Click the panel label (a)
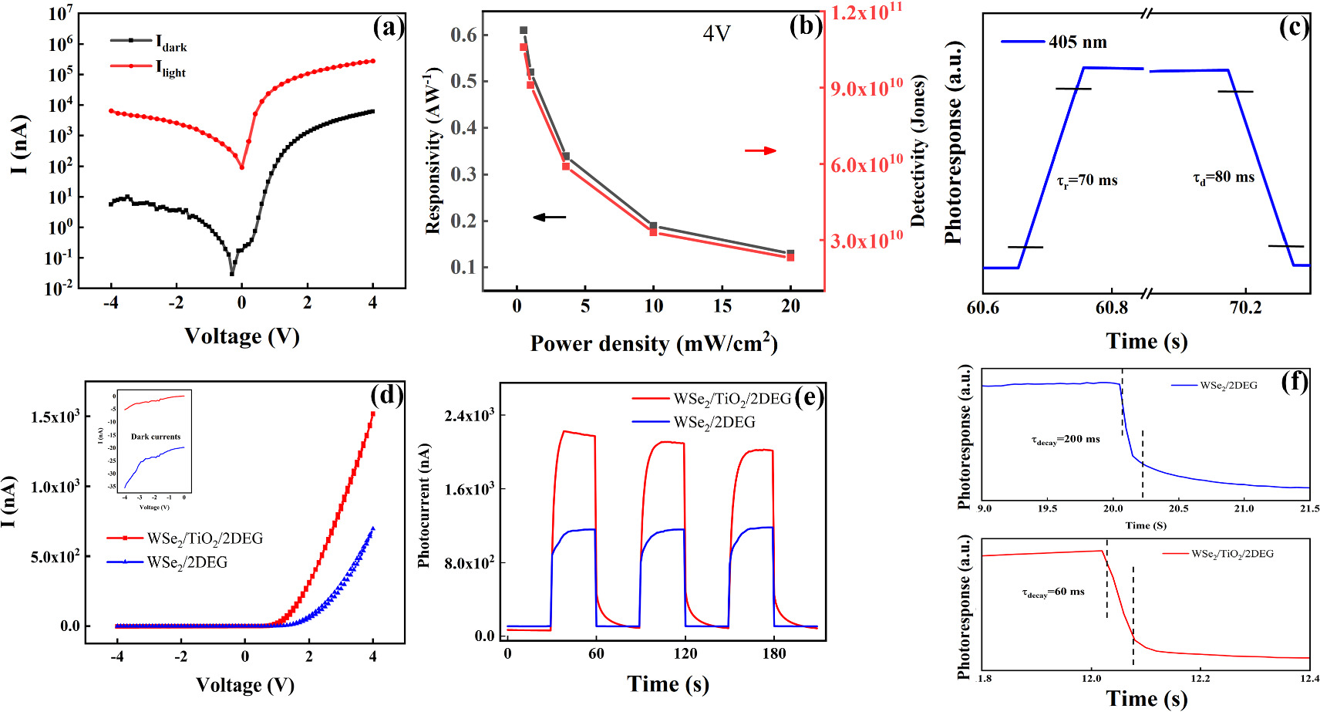click(387, 29)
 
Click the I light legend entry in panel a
click(170, 69)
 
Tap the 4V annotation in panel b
click(716, 34)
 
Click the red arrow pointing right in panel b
click(760, 150)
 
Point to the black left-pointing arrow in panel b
click(549, 218)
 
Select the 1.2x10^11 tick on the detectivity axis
click(866, 12)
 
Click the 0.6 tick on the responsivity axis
click(463, 35)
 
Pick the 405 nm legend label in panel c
click(1077, 42)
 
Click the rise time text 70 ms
click(1086, 181)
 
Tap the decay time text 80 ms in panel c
click(1224, 177)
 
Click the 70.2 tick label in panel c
click(1245, 308)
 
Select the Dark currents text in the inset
click(156, 437)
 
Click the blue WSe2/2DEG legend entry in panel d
click(187, 562)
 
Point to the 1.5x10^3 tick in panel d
click(55, 417)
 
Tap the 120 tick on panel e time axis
click(685, 653)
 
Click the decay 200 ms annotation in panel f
click(1066, 440)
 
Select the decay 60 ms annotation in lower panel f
click(1052, 592)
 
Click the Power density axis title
click(653, 343)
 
